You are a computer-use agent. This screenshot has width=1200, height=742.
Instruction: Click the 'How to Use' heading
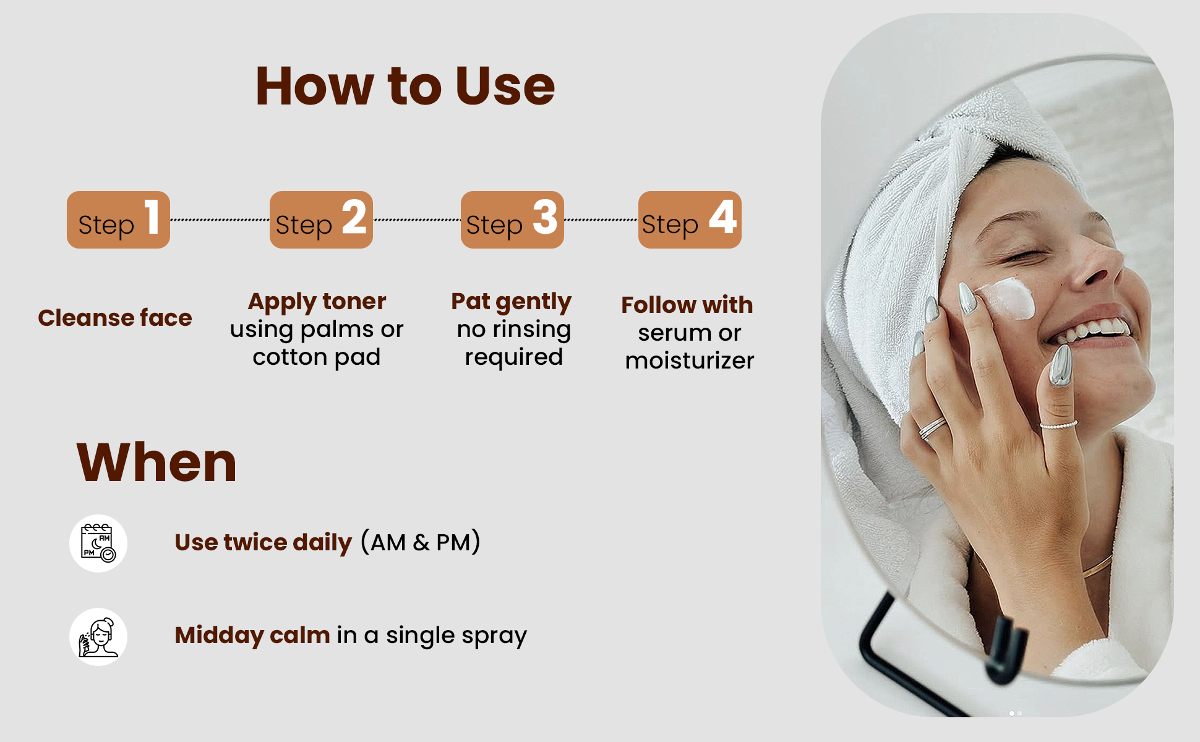click(405, 86)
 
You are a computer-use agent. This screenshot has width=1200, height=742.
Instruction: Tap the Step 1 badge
click(118, 220)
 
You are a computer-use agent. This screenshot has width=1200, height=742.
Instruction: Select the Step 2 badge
click(321, 220)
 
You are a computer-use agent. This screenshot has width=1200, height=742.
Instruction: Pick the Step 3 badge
click(512, 220)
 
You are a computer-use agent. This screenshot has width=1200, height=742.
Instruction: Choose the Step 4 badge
click(690, 220)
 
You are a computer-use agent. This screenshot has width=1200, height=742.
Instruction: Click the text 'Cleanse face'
click(115, 318)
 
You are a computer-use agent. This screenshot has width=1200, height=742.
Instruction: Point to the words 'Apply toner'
click(317, 302)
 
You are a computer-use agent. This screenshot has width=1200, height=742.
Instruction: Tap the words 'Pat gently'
click(512, 302)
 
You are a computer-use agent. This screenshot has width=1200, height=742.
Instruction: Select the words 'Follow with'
click(687, 305)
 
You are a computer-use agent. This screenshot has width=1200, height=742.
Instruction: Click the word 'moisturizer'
click(690, 360)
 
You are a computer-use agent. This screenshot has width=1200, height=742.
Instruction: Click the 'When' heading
click(156, 463)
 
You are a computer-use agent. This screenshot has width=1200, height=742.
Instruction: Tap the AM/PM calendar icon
click(98, 544)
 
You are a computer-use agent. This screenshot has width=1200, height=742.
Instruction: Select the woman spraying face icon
click(98, 637)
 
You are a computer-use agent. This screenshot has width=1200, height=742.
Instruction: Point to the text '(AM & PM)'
click(421, 542)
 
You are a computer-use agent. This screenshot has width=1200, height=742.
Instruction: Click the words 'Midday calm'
click(252, 636)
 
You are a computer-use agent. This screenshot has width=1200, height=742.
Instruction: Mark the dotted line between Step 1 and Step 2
click(220, 220)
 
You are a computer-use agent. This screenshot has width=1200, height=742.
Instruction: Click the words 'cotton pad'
click(317, 358)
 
